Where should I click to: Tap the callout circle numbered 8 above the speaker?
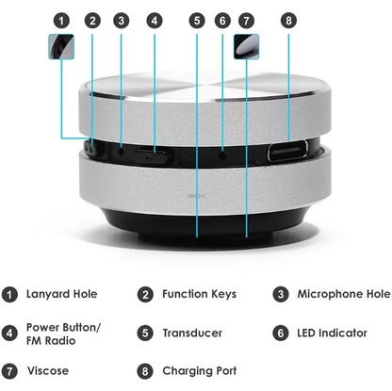point(288,20)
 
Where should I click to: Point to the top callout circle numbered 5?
point(195,20)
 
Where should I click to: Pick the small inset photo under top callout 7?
point(248,46)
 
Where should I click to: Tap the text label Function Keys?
point(200,295)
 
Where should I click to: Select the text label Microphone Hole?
point(343,295)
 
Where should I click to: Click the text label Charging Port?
point(200,370)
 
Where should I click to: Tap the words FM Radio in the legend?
point(52,340)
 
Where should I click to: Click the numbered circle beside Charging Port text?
point(145,370)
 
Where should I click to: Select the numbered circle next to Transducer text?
point(145,333)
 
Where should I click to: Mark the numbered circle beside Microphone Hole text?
point(280,295)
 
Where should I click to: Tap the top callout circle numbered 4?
point(153,20)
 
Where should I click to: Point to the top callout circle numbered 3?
point(121,20)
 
